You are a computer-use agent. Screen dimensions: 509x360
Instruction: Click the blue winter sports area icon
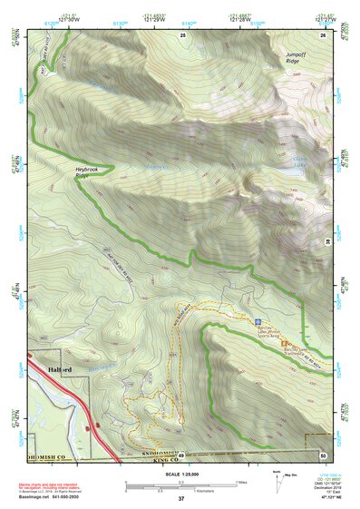258,321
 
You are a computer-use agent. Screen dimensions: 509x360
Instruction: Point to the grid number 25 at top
182,34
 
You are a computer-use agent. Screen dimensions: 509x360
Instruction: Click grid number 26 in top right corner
322,34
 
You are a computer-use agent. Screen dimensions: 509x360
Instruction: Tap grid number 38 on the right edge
327,240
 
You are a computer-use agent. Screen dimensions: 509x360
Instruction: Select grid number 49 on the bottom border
181,455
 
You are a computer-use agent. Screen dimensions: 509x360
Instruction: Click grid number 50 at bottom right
322,455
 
